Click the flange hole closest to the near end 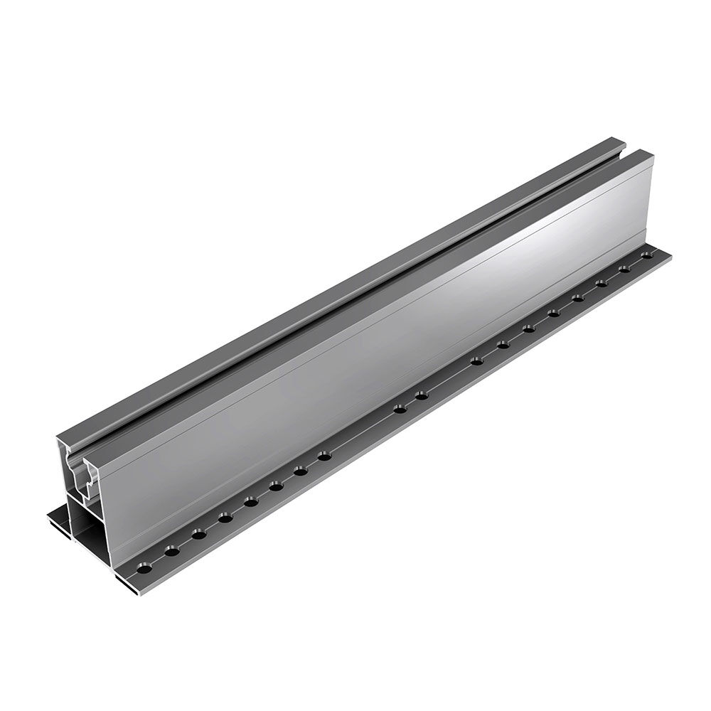tap(144, 570)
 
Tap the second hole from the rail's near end tap(171, 551)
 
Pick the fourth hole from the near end tap(225, 518)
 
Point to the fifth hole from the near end tap(251, 502)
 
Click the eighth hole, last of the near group tap(325, 456)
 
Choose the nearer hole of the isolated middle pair tap(400, 409)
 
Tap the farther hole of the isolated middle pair tap(422, 395)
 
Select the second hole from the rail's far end tap(626, 268)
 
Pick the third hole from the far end tap(602, 282)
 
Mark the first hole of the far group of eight tap(477, 361)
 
